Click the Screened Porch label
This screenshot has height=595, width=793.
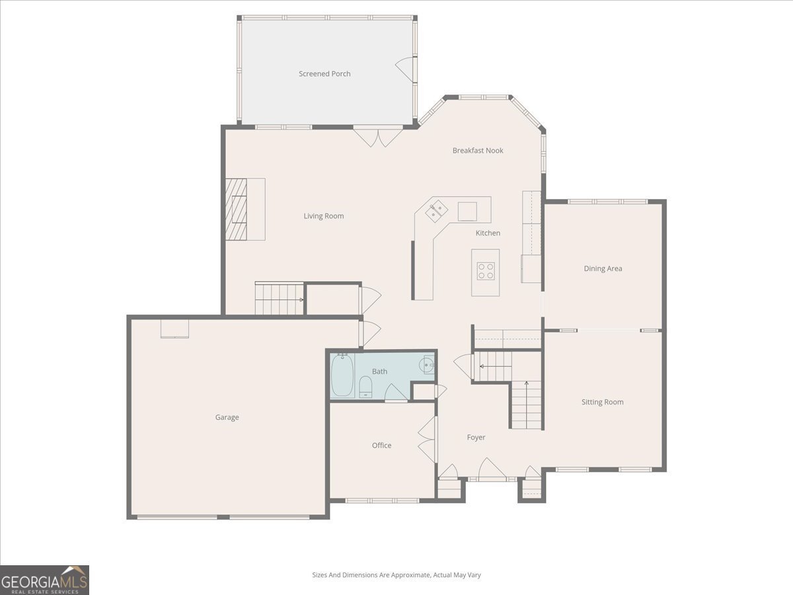pos(324,73)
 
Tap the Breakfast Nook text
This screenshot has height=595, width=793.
pos(478,150)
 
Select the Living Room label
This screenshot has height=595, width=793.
pos(323,216)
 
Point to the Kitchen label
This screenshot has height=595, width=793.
pos(488,233)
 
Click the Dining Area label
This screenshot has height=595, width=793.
pos(603,268)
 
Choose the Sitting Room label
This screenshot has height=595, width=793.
pos(602,402)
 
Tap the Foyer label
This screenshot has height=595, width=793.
pos(476,438)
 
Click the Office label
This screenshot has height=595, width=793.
pos(381,446)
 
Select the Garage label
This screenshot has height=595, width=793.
pos(227,417)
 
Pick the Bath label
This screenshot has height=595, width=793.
pos(379,372)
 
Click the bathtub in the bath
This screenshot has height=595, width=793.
pos(342,375)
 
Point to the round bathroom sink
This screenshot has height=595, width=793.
pos(427,364)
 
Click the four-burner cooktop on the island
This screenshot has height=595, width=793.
pos(485,271)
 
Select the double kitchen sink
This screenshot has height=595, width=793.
pos(436,210)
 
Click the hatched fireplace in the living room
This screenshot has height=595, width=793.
pos(236,209)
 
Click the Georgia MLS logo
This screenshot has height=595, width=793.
pos(44,580)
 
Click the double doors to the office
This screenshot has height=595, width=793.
pos(427,439)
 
